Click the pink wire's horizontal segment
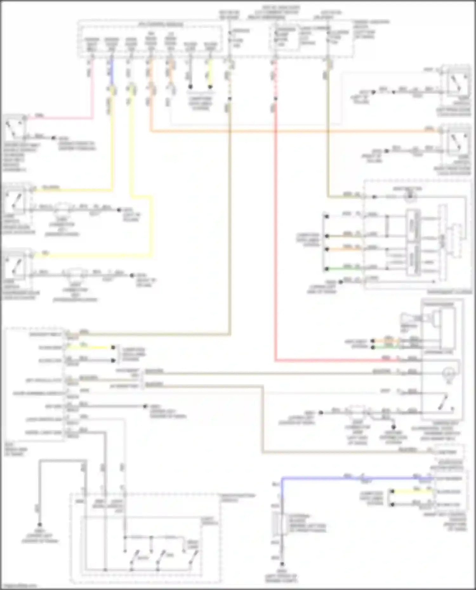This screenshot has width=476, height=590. (60, 118)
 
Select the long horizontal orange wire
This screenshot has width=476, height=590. (286, 131)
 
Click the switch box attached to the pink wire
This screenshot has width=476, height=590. (15, 127)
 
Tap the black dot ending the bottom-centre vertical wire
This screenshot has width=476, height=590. (282, 564)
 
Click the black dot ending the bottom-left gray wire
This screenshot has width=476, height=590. (40, 525)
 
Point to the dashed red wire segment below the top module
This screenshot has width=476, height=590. (275, 79)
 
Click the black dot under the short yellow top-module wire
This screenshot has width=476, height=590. (210, 87)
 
